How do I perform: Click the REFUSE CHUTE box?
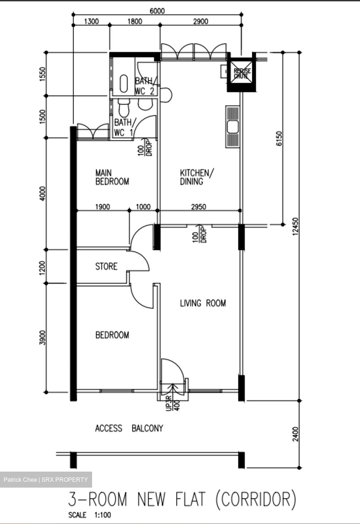(242, 74)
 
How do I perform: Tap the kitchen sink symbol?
(232, 127)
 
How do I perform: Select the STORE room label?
(106, 266)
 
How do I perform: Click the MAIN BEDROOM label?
(112, 177)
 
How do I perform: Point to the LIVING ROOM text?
(203, 303)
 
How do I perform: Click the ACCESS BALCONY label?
(129, 428)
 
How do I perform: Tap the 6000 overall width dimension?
(157, 11)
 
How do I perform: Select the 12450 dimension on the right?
(295, 226)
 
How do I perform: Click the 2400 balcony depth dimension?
(295, 434)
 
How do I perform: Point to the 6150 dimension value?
(279, 138)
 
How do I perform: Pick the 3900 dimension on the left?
(43, 338)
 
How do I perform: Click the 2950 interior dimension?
(198, 207)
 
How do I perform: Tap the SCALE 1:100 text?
(90, 515)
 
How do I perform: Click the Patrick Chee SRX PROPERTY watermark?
(46, 480)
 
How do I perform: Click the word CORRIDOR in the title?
(256, 499)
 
